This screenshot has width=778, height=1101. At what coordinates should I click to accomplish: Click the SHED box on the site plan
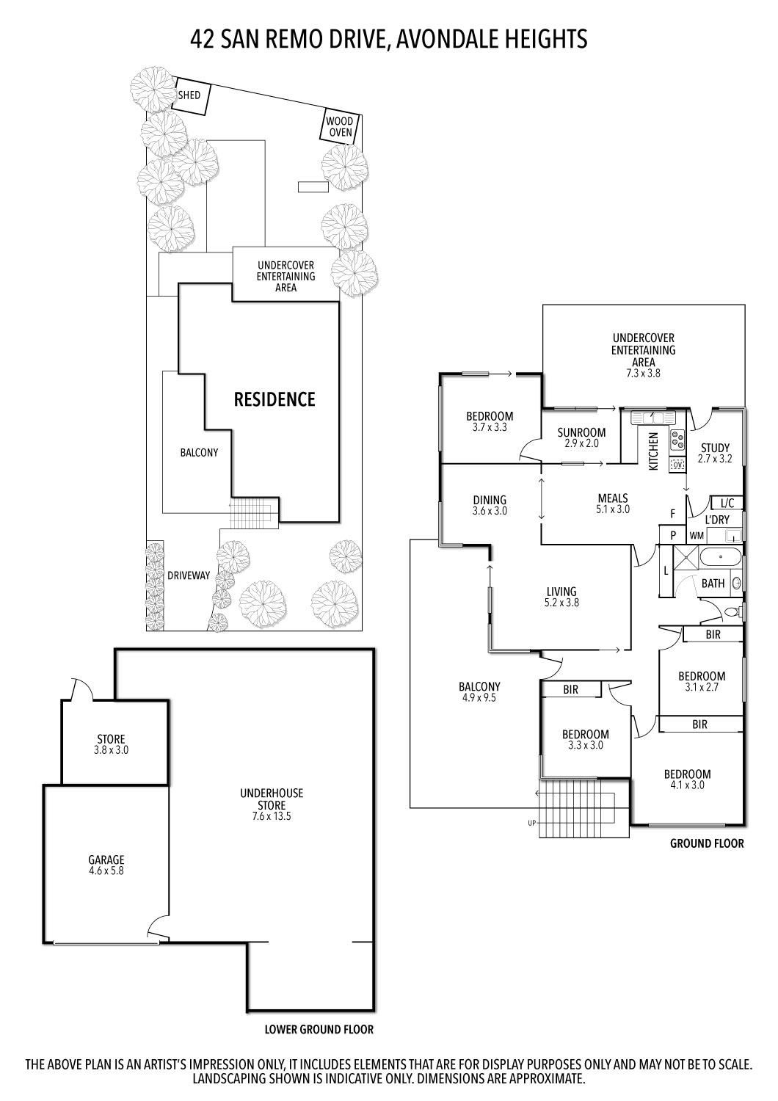point(190,96)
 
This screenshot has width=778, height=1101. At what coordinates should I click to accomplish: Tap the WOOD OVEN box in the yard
point(339,127)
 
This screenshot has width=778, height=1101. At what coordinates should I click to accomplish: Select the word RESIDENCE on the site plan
point(274,399)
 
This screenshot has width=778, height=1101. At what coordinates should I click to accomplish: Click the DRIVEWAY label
point(188,576)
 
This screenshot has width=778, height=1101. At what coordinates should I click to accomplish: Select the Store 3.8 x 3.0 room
point(112,744)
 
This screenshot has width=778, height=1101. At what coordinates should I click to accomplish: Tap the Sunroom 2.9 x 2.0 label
point(581,438)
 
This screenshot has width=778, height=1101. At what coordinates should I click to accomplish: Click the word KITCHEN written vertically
point(653,451)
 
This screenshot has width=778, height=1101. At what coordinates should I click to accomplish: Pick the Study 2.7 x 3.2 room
point(714,453)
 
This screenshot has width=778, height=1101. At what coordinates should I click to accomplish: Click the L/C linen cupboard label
point(727,504)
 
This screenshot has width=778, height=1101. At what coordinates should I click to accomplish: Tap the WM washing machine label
point(696,536)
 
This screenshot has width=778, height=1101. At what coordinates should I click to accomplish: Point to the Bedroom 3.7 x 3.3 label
point(490,421)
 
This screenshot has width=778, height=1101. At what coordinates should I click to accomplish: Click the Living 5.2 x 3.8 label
point(561,597)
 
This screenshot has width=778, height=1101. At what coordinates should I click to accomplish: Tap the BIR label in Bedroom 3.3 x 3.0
point(570,690)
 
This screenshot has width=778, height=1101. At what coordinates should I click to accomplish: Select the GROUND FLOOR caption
point(706,843)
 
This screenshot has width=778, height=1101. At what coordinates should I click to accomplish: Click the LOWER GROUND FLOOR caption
point(319,1030)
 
